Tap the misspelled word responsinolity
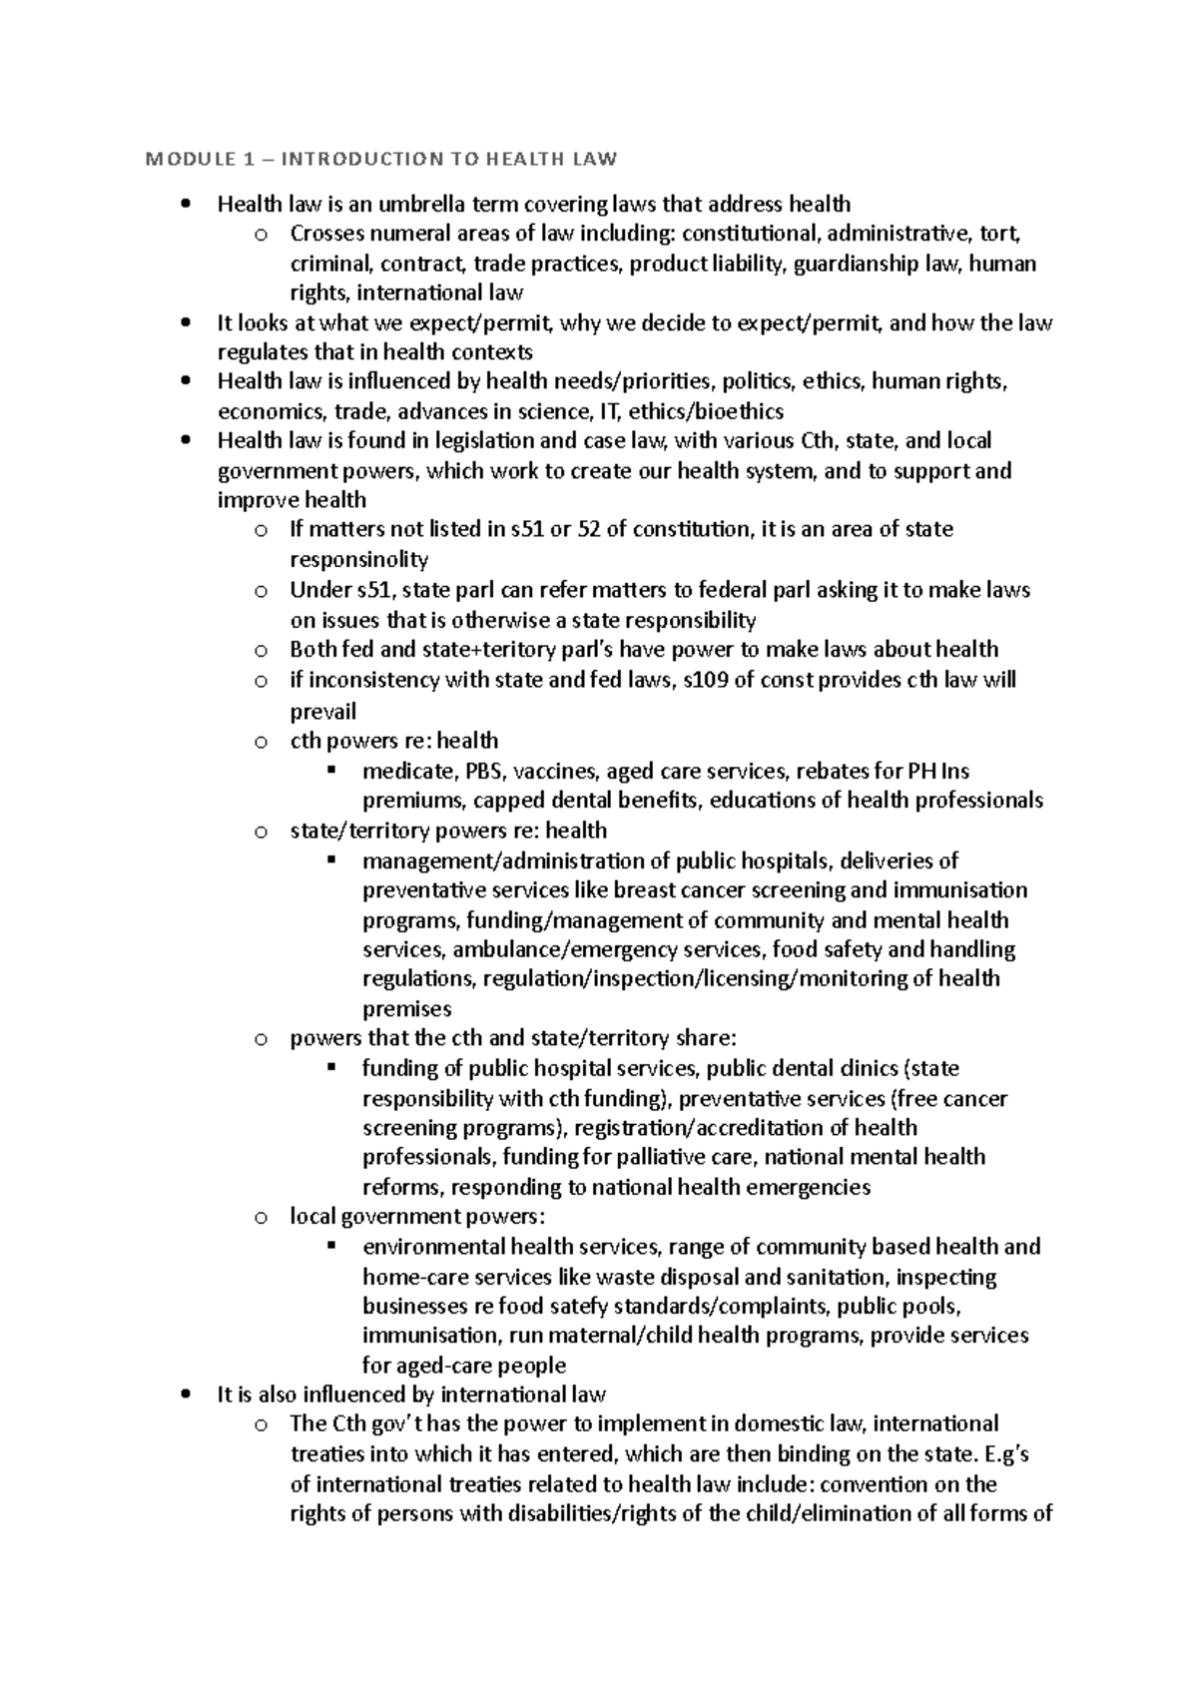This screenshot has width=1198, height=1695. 358,560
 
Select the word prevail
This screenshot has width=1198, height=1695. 322,712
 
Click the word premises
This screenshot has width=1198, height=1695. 406,1009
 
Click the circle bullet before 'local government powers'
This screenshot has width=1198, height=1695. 261,1217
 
